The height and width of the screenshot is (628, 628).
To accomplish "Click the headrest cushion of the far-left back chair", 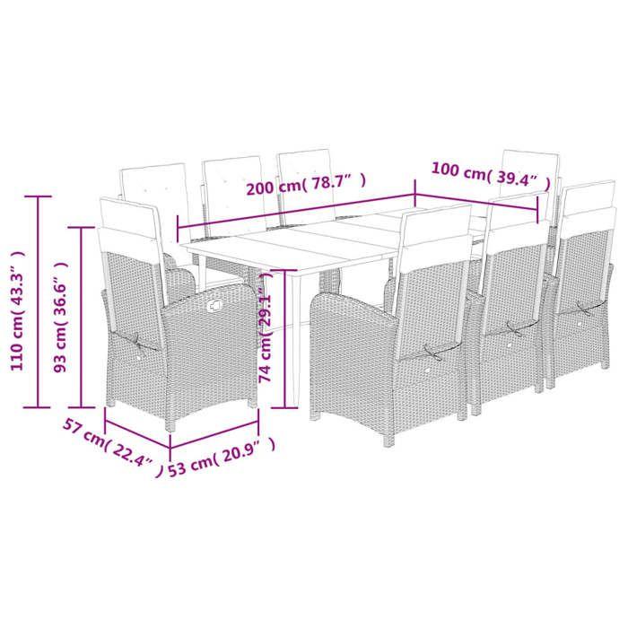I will (x=154, y=185).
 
